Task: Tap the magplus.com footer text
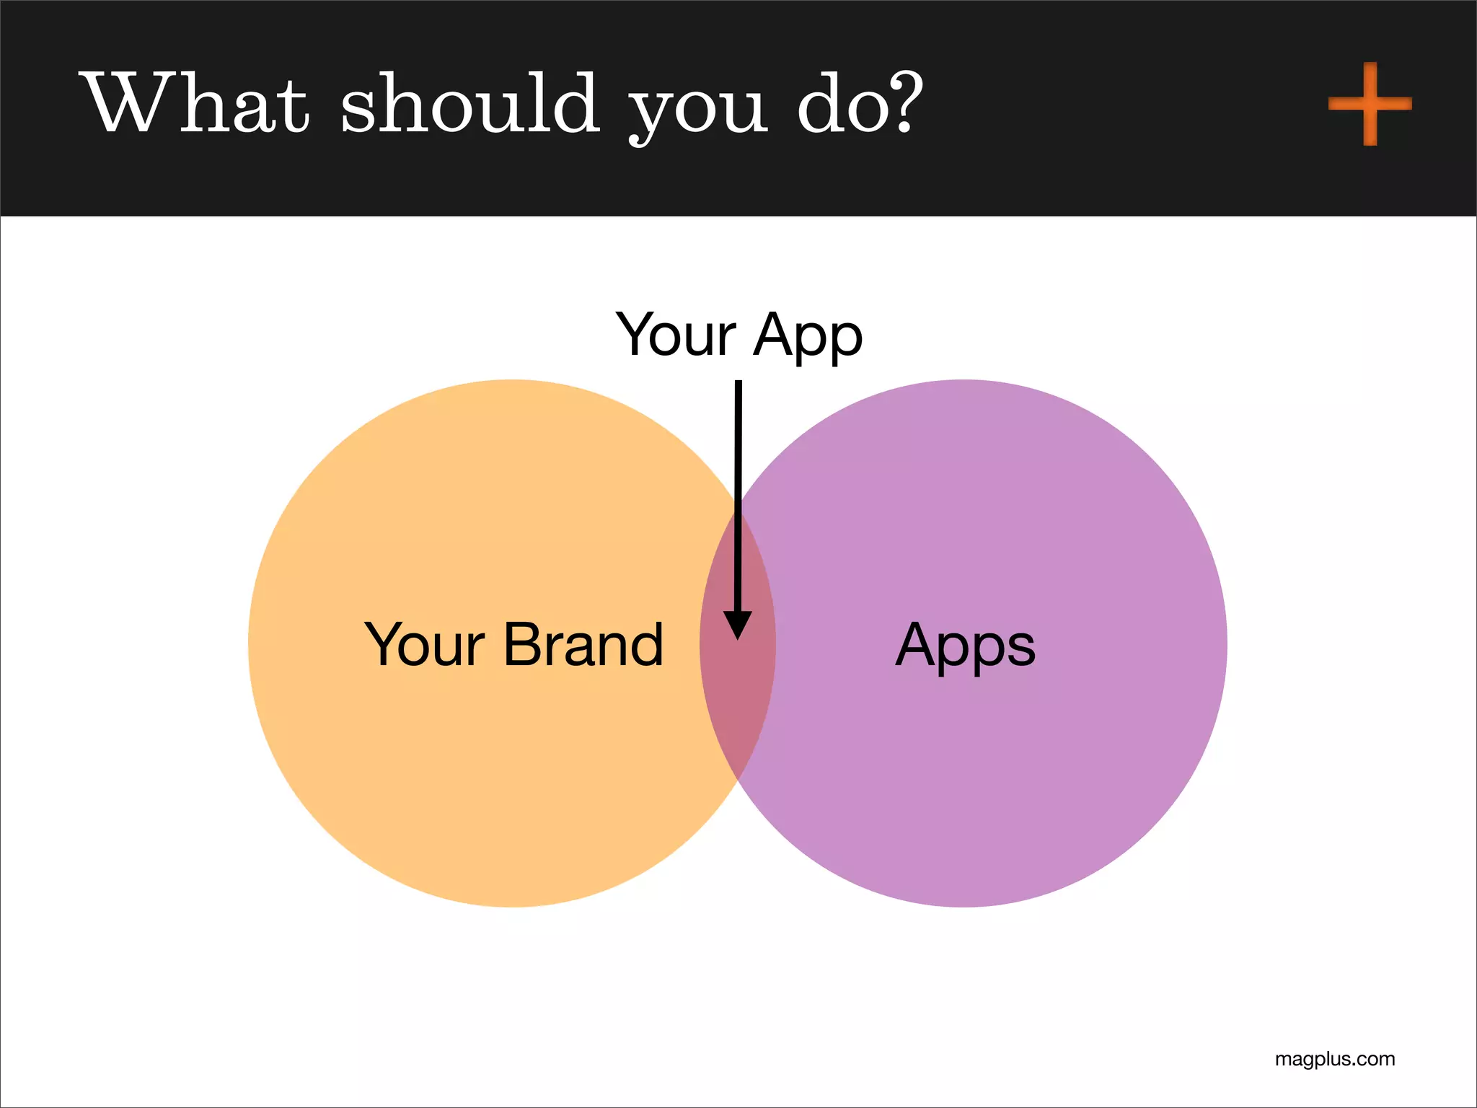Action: pos(1334,1059)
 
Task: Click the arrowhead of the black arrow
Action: pos(738,623)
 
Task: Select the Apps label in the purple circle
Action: pos(965,646)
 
